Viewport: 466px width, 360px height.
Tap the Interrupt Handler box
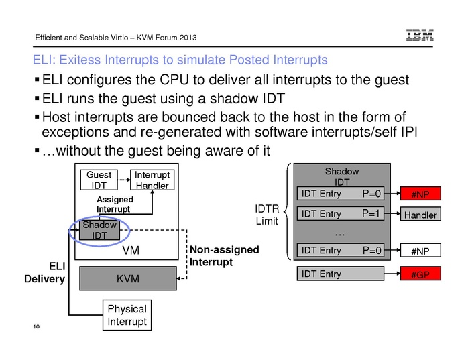pyautogui.click(x=151, y=180)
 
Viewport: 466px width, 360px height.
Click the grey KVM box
pyautogui.click(x=127, y=278)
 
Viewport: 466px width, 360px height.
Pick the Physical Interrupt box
pyautogui.click(x=127, y=316)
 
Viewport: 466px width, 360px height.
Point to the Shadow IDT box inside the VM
pyautogui.click(x=99, y=230)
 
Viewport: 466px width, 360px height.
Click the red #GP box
pyautogui.click(x=420, y=274)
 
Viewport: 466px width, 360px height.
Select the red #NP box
pyautogui.click(x=420, y=195)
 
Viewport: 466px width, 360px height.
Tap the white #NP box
pyautogui.click(x=420, y=251)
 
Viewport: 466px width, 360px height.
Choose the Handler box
pyautogui.click(x=420, y=215)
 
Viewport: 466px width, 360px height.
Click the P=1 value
pyautogui.click(x=372, y=215)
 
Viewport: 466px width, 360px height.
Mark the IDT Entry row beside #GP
pyautogui.click(x=342, y=274)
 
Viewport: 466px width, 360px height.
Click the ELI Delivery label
pyautogui.click(x=46, y=273)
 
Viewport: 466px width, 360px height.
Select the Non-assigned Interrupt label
pyautogui.click(x=225, y=255)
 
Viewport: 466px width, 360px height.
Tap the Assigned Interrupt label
pyautogui.click(x=115, y=204)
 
